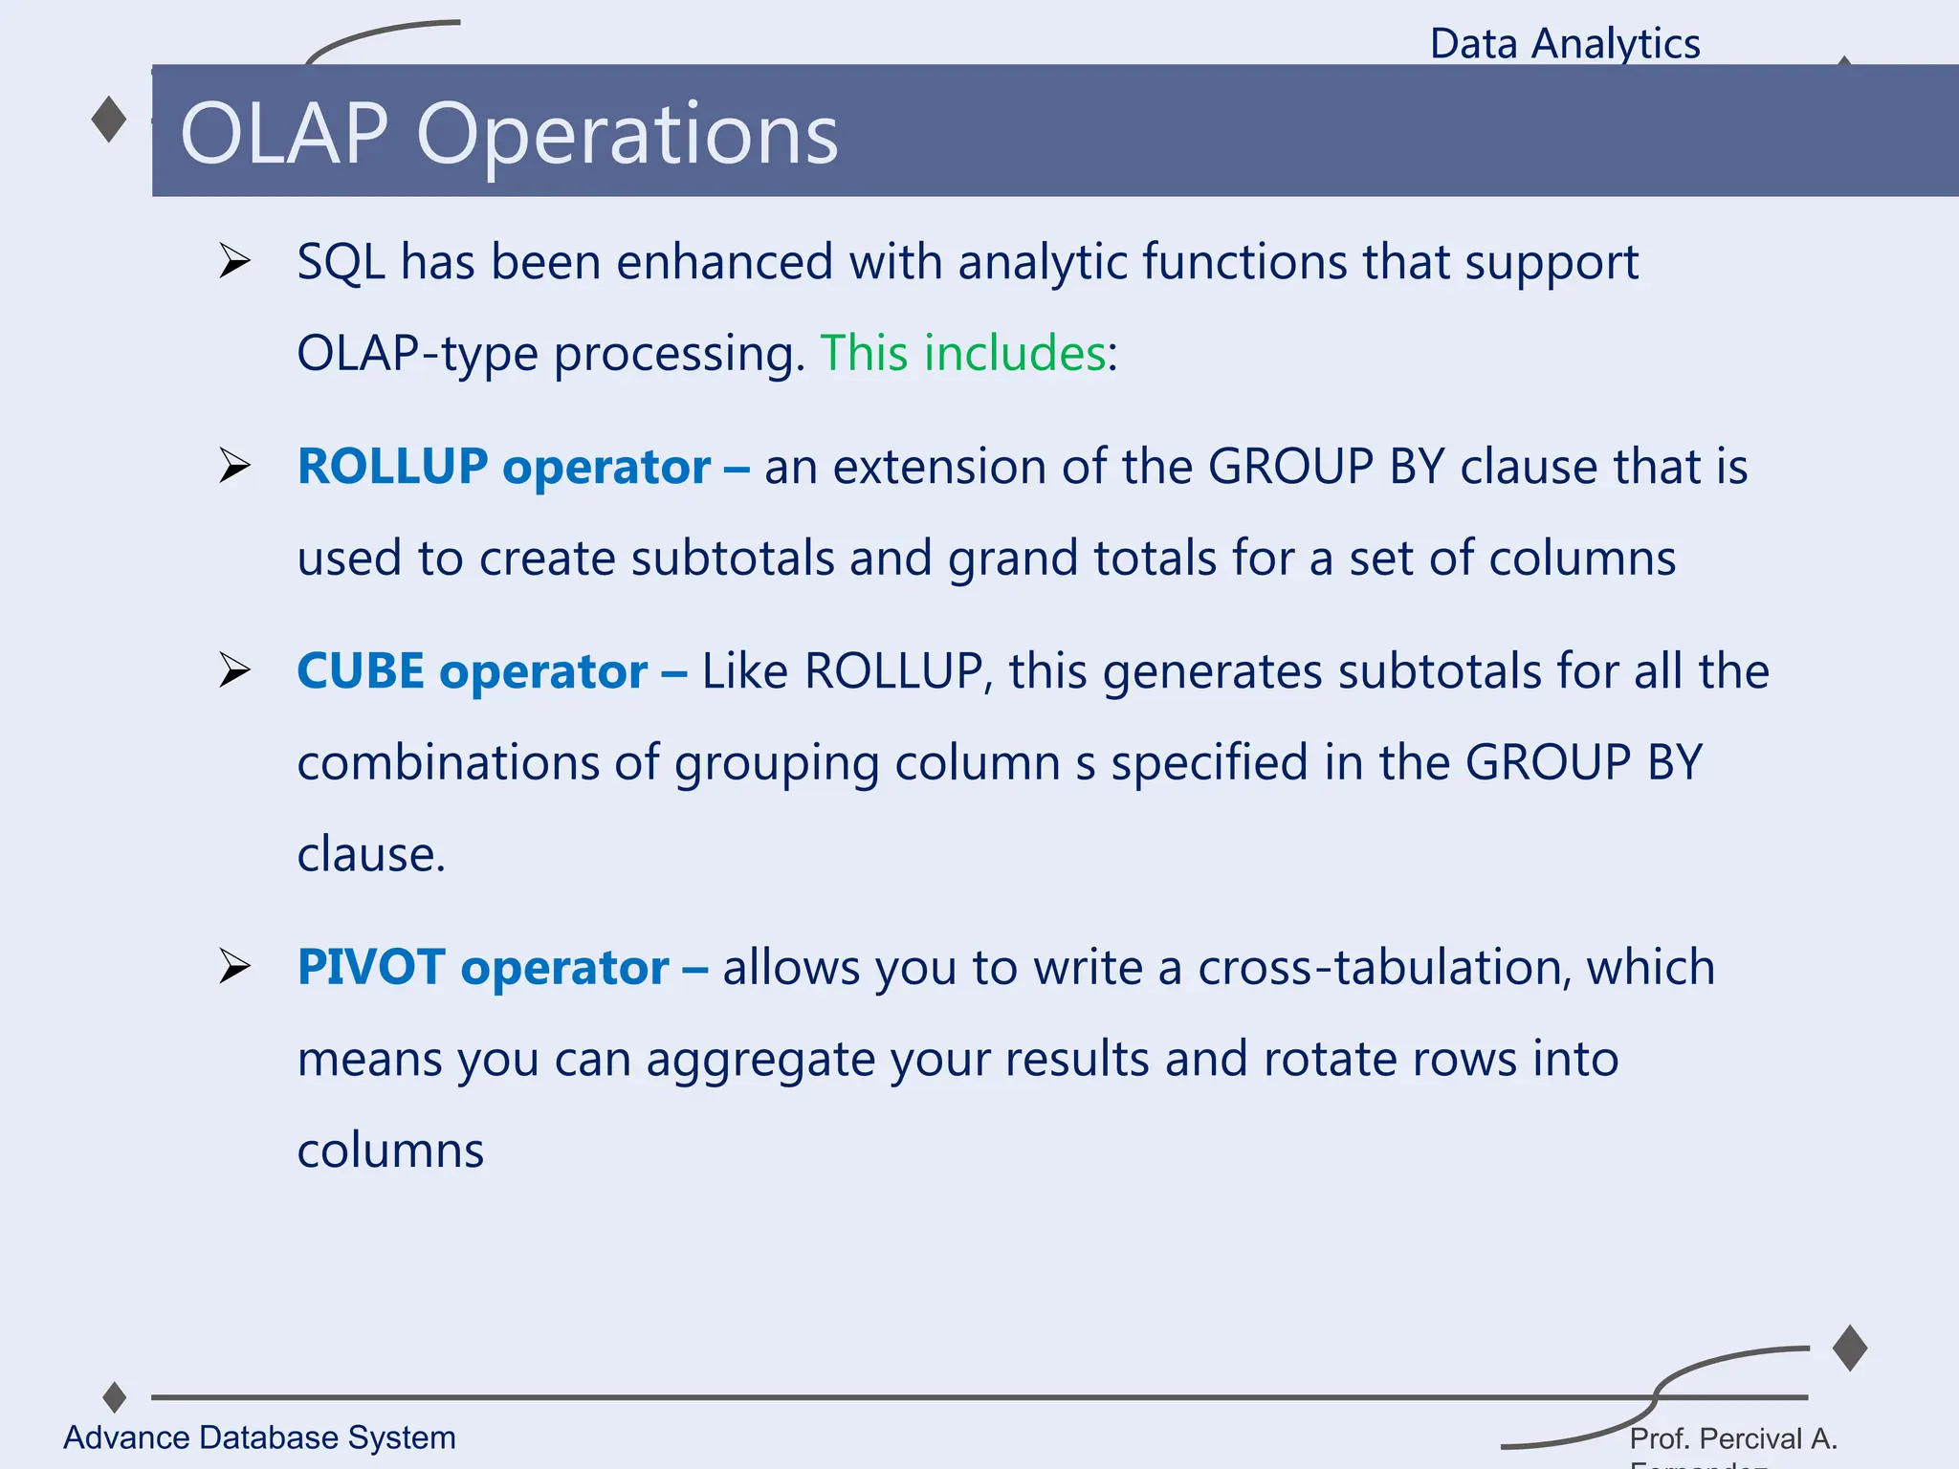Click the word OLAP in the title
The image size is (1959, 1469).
pos(283,134)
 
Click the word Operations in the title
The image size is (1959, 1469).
pos(627,136)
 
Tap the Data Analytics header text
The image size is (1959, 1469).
pos(1564,44)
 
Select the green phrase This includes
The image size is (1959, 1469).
pos(962,353)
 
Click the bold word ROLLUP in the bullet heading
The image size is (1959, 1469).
pos(392,467)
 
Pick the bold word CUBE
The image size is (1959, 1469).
pos(361,671)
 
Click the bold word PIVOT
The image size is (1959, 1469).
pos(371,967)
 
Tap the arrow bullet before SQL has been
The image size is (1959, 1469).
pos(233,261)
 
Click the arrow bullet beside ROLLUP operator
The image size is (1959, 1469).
pos(233,466)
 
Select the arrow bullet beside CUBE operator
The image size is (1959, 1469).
pos(233,670)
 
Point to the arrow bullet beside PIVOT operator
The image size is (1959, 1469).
pos(233,966)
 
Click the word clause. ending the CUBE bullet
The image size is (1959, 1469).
pos(371,854)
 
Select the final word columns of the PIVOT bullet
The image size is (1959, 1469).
pos(390,1151)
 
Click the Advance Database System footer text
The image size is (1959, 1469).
pos(259,1437)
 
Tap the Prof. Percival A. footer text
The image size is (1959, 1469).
pos(1733,1438)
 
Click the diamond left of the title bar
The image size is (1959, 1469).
pos(109,120)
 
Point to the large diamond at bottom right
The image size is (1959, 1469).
pos(1850,1348)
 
